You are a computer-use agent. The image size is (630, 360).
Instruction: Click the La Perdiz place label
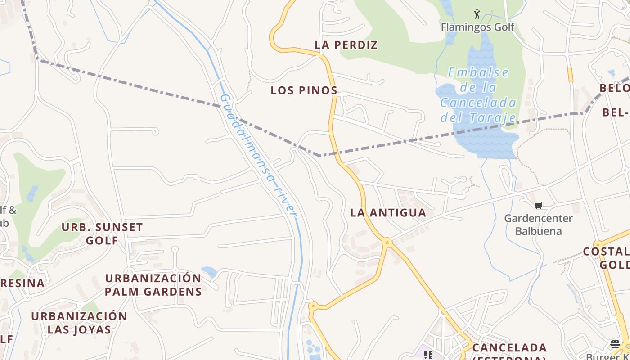[346, 45]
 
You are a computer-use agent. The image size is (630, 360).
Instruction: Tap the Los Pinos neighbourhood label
[304, 90]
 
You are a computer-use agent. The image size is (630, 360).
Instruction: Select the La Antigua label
[388, 213]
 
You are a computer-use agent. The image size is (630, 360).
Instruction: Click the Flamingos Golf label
[477, 27]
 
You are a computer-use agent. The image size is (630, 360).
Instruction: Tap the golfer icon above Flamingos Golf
[477, 14]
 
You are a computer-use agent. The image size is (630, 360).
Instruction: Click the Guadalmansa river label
[259, 155]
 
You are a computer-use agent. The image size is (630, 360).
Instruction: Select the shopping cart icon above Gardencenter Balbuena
[538, 206]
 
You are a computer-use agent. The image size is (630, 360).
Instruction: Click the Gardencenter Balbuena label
[538, 225]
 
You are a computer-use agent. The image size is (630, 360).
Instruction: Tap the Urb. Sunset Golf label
[102, 234]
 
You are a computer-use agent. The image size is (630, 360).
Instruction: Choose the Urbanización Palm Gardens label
[153, 285]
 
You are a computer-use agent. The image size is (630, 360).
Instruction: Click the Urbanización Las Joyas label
[79, 323]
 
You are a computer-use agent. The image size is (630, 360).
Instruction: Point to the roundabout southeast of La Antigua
[387, 243]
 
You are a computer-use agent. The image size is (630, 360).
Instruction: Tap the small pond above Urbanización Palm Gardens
[209, 272]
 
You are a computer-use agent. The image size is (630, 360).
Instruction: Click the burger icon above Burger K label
[615, 344]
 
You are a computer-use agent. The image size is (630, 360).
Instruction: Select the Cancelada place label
[509, 348]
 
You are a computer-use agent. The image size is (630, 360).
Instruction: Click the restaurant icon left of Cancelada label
[428, 355]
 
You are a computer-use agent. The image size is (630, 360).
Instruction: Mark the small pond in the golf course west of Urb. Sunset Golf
[32, 193]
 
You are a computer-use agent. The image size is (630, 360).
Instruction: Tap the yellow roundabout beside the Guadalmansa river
[312, 306]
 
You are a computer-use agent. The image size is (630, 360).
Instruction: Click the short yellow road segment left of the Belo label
[570, 75]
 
